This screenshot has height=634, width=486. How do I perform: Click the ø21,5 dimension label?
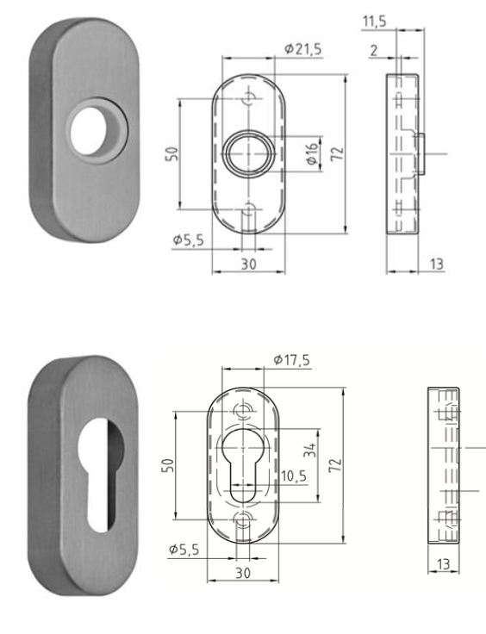[302, 50]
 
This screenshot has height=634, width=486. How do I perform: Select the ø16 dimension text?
[311, 154]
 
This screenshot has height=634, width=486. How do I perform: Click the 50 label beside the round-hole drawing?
[171, 153]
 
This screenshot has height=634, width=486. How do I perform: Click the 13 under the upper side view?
[437, 264]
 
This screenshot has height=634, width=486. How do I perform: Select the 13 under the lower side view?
[444, 563]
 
